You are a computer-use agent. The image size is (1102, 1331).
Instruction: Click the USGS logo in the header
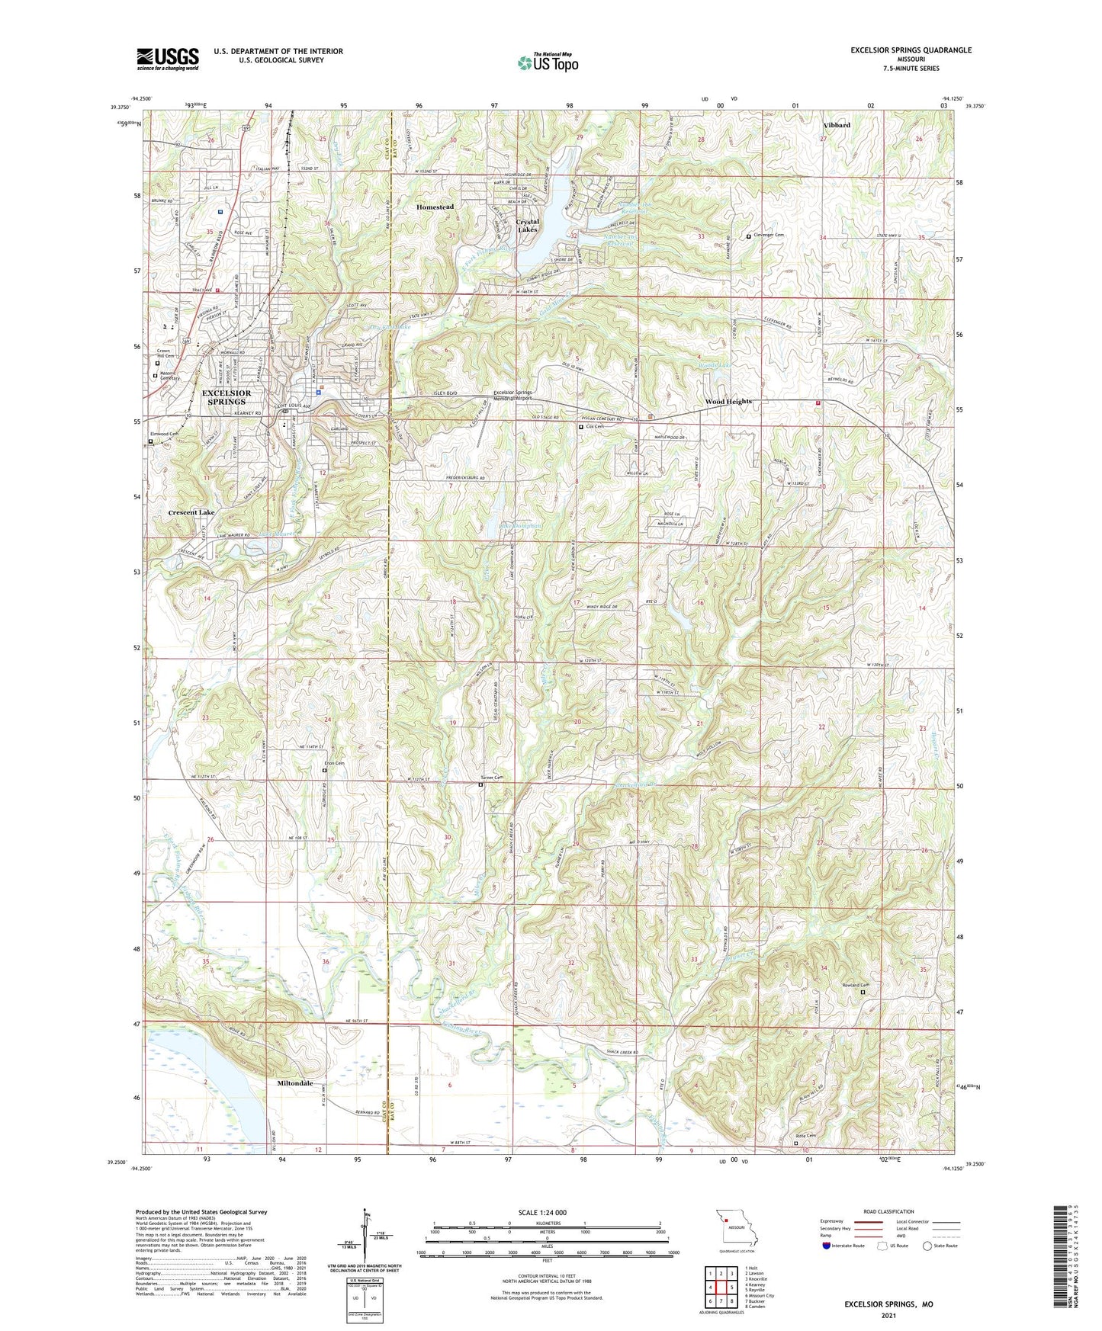[168, 58]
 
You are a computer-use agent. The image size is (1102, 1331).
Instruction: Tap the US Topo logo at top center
[548, 63]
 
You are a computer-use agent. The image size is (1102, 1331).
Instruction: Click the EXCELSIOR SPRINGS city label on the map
[227, 397]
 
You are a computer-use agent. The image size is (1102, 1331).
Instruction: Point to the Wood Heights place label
[728, 402]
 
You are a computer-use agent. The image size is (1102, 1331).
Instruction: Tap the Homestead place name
[435, 207]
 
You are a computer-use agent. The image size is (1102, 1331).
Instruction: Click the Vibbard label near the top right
[837, 125]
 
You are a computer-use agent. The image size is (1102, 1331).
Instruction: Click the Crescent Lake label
[191, 513]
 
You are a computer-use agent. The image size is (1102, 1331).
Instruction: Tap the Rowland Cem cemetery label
[855, 985]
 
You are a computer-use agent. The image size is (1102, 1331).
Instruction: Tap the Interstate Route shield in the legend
[827, 1246]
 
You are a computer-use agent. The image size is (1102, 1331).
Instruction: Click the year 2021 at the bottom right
[888, 1315]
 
